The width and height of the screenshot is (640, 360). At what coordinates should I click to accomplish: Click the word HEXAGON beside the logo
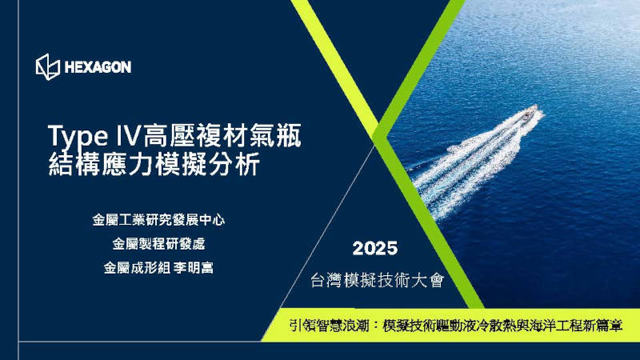coord(97,67)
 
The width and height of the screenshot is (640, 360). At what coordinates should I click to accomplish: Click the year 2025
coord(375,248)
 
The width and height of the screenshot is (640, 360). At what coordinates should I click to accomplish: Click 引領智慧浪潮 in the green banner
coord(330,326)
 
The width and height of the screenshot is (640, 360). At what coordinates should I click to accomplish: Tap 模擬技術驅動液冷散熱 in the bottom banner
coord(455,326)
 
